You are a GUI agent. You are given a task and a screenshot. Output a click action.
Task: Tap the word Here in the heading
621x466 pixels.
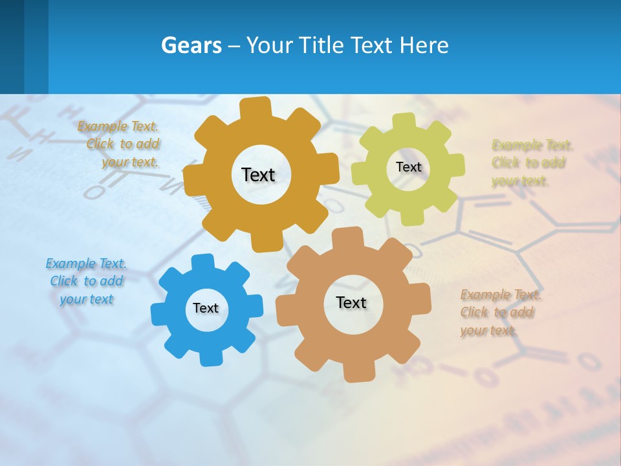point(424,46)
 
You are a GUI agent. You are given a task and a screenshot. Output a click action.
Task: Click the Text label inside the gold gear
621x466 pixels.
point(258,175)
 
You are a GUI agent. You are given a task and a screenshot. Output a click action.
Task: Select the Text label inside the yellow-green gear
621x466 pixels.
point(408,167)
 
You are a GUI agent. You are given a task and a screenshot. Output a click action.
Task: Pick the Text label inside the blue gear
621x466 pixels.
point(206,308)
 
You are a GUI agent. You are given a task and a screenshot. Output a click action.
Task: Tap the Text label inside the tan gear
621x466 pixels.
point(351,302)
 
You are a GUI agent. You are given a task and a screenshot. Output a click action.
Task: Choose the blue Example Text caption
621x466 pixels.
point(86,282)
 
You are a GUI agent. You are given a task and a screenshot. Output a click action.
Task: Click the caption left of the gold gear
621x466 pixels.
point(120,144)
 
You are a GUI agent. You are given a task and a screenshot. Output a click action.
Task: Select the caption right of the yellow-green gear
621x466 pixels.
point(530,162)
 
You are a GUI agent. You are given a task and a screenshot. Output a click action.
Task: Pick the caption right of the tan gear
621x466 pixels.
point(499,313)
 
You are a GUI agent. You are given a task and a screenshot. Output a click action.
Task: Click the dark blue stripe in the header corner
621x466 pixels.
point(12,47)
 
